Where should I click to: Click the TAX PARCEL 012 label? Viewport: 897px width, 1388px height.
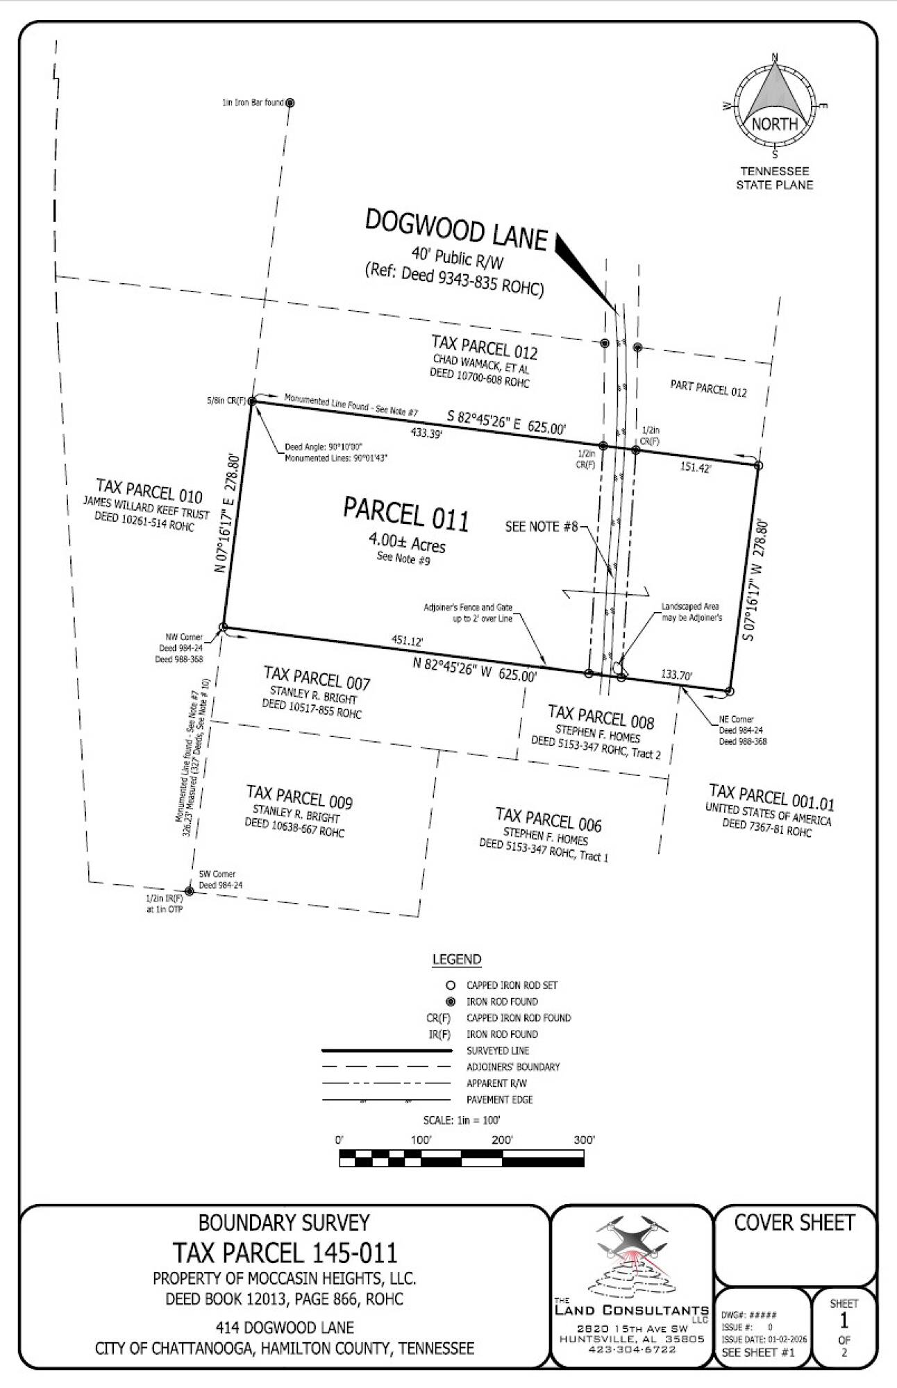pyautogui.click(x=485, y=346)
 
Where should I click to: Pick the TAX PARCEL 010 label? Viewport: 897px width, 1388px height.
pyautogui.click(x=149, y=491)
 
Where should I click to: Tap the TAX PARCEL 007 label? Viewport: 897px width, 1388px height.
pyautogui.click(x=317, y=677)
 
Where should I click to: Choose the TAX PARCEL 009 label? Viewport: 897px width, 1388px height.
pyautogui.click(x=299, y=797)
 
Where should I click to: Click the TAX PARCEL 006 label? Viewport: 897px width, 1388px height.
pyautogui.click(x=548, y=819)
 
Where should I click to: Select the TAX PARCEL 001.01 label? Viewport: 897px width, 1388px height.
pyautogui.click(x=771, y=797)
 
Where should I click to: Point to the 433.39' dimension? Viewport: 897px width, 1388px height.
pyautogui.click(x=427, y=433)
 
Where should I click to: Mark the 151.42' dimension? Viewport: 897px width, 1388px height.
pyautogui.click(x=696, y=468)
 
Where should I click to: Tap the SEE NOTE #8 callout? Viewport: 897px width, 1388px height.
pyautogui.click(x=542, y=527)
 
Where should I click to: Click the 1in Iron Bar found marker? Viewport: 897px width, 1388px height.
pyautogui.click(x=290, y=103)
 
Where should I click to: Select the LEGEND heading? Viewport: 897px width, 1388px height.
pyautogui.click(x=457, y=959)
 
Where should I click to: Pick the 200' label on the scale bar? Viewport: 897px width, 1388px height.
pyautogui.click(x=502, y=1140)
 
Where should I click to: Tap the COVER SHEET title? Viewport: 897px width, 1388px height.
pyautogui.click(x=794, y=1222)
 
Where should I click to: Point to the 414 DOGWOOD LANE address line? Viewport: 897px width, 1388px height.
pyautogui.click(x=285, y=1328)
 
